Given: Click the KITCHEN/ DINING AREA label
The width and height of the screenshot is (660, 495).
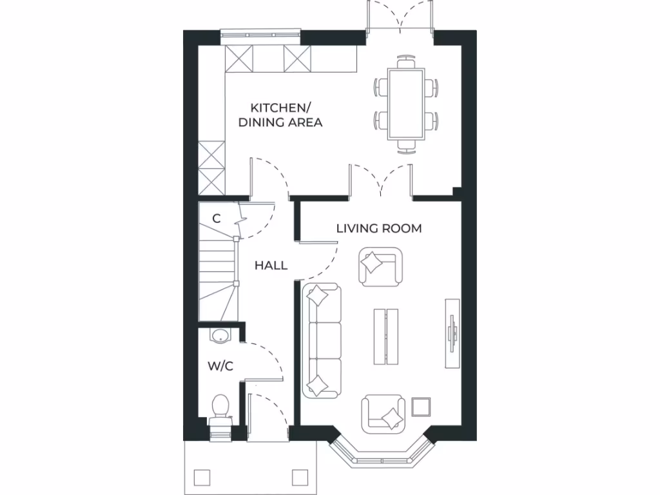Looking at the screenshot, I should [280, 115].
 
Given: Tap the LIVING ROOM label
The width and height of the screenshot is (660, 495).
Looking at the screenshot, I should [379, 228].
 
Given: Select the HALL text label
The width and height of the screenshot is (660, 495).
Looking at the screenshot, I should [271, 266].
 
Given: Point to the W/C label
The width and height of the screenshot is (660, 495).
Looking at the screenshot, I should [220, 366].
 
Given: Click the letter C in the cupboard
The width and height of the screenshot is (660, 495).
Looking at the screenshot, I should [217, 218].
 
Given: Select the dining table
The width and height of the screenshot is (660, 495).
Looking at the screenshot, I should [406, 104].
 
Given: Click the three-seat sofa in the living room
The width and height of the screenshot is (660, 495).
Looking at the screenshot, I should [322, 340].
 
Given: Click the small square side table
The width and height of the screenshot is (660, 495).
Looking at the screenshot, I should [421, 407].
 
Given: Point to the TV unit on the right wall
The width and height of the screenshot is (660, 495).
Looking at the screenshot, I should [452, 333].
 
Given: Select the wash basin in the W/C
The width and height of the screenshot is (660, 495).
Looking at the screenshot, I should [220, 335].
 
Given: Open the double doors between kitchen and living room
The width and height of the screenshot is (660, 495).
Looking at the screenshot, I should [381, 180].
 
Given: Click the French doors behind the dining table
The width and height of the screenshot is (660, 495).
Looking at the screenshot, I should [400, 18].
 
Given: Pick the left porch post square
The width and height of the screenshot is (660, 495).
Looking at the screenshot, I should [202, 477].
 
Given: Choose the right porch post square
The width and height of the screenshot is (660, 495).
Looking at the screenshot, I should [300, 477].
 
